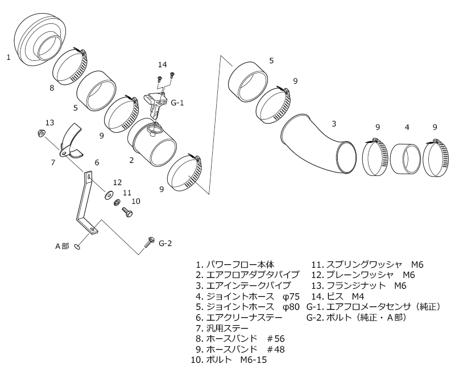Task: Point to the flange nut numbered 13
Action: pyautogui.click(x=41, y=133)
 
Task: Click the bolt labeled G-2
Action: pyautogui.click(x=149, y=242)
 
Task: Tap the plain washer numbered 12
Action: pyautogui.click(x=109, y=195)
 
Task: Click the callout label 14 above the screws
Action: pyautogui.click(x=163, y=64)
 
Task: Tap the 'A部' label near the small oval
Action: pyautogui.click(x=62, y=246)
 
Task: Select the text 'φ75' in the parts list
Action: pyautogui.click(x=291, y=297)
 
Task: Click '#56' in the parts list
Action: pyautogui.click(x=276, y=339)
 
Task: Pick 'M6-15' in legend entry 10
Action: pyautogui.click(x=253, y=360)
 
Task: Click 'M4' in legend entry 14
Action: pyautogui.click(x=358, y=297)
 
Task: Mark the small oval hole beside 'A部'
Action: pyautogui.click(x=77, y=247)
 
